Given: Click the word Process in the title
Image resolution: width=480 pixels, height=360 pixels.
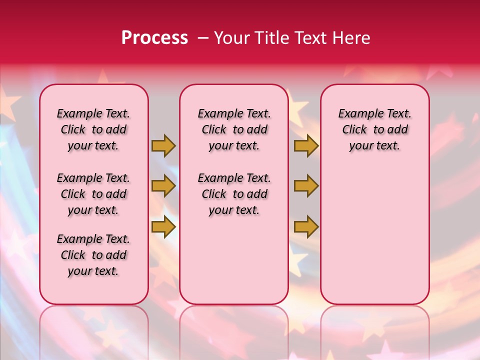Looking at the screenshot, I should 154,38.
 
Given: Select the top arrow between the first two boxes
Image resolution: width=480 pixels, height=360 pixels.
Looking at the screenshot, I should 163,145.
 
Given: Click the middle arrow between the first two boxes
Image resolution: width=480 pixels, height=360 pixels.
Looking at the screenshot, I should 163,186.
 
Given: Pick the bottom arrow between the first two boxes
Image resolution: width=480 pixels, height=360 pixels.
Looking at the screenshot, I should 163,227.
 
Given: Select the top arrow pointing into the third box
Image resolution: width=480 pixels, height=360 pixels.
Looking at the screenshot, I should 306,145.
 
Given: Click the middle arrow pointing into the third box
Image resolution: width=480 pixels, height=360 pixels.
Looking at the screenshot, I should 306,186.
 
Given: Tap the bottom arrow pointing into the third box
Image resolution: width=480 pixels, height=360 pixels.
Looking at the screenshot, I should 306,227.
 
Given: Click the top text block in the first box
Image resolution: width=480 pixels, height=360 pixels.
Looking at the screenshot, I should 93,129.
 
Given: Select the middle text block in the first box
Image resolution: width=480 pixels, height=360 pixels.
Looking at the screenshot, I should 93,194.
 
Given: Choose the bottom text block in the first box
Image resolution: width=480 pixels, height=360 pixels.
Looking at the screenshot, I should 93,255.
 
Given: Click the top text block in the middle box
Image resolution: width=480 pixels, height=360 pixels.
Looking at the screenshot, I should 234,129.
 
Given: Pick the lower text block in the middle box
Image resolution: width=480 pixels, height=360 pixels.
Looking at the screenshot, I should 234,194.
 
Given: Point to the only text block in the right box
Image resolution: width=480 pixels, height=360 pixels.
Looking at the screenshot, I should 374,129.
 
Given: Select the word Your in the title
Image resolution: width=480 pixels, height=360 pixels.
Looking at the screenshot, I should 231,38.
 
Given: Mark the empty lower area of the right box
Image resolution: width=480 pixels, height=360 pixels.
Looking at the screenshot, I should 374,230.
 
